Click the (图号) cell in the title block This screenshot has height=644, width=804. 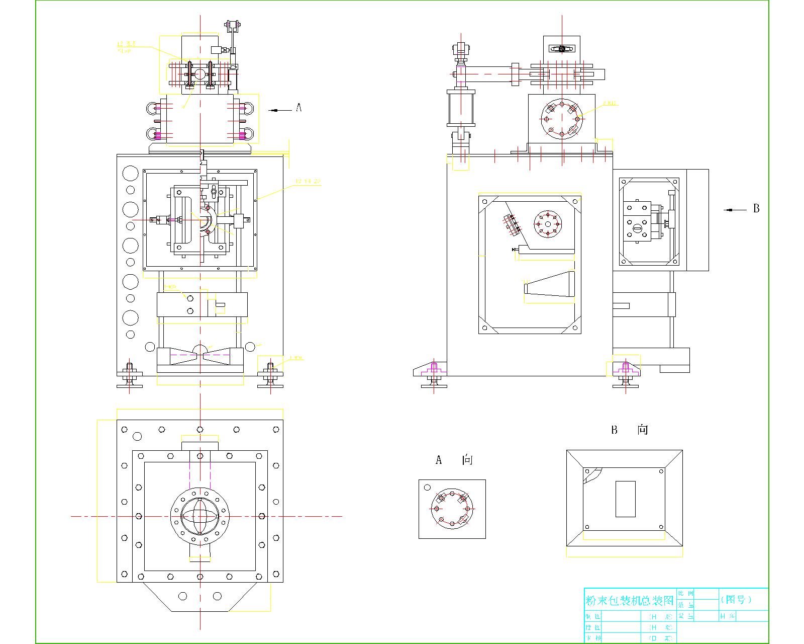point(737,599)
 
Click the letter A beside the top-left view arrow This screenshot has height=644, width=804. point(298,107)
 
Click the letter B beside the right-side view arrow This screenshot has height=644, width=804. point(756,208)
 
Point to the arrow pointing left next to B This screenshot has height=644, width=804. point(734,210)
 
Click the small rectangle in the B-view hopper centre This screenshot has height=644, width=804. point(625,499)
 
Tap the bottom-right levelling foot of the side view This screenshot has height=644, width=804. point(626,375)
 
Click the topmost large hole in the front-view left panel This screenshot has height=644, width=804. point(130,174)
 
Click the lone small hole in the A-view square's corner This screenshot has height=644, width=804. point(427,487)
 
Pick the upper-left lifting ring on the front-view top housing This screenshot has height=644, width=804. point(151,108)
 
